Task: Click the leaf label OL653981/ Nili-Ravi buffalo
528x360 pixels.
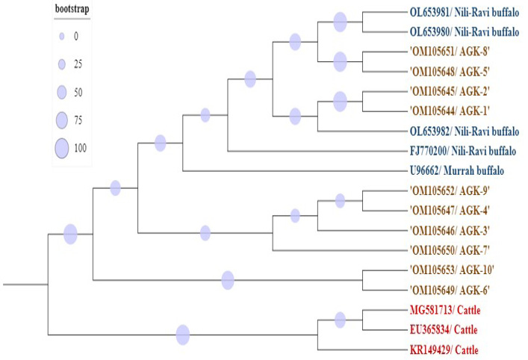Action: click(465, 13)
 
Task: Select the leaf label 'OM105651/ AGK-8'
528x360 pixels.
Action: click(450, 52)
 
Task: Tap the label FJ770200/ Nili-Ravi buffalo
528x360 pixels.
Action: click(463, 151)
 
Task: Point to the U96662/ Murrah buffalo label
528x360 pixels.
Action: click(456, 171)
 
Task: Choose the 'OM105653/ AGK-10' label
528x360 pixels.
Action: click(452, 270)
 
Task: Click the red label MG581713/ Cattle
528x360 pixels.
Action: click(445, 310)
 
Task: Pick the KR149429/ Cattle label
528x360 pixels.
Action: click(444, 350)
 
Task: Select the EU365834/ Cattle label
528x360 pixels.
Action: click(444, 329)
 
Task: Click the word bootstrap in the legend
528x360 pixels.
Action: click(72, 9)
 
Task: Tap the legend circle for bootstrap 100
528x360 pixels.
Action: click(62, 148)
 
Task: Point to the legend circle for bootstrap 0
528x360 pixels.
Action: click(62, 37)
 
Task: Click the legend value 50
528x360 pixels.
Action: click(78, 93)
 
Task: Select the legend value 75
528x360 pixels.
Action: click(78, 120)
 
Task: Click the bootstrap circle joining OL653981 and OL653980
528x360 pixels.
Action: click(340, 22)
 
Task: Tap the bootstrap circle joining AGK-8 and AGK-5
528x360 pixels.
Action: click(340, 62)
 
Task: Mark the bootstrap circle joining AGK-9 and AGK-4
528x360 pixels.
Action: click(340, 201)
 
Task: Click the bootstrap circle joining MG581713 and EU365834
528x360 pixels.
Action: click(340, 320)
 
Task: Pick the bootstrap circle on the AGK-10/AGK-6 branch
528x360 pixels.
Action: click(228, 280)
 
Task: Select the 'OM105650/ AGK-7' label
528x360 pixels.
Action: click(450, 250)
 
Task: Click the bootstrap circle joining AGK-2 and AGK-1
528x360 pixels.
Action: click(340, 102)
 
